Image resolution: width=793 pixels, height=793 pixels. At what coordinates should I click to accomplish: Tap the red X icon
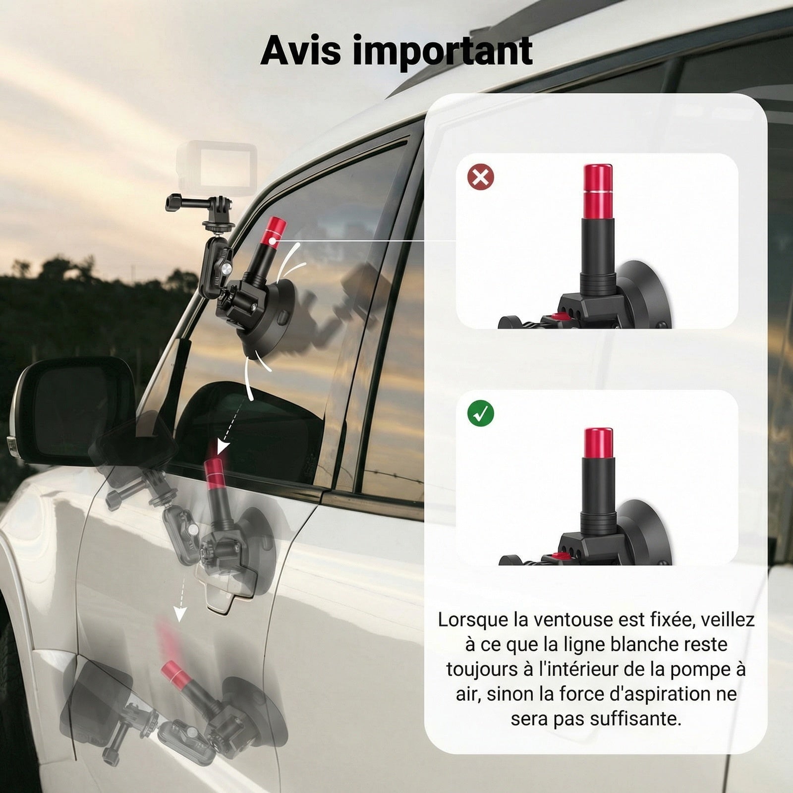(x=480, y=177)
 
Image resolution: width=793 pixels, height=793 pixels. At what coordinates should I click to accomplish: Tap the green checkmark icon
(x=480, y=413)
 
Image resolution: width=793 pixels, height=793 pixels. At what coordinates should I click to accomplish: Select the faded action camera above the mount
(x=217, y=168)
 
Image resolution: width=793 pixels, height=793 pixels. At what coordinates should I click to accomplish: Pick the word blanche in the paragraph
(x=644, y=645)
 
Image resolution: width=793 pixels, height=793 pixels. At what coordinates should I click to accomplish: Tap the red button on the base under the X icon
(x=561, y=317)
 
